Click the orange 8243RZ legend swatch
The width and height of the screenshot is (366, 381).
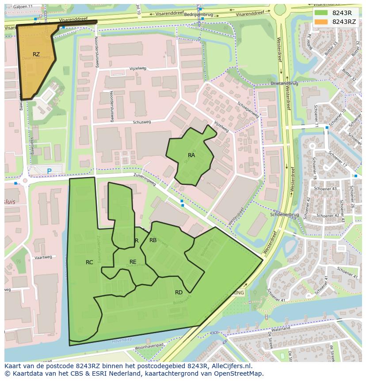321,22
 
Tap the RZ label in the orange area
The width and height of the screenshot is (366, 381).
36,54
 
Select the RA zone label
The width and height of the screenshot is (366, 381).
191,155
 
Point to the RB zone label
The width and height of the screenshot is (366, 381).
153,240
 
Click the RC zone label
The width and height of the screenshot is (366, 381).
89,262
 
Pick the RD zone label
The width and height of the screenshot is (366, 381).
179,292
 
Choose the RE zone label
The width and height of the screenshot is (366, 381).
133,262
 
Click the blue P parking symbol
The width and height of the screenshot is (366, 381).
49,171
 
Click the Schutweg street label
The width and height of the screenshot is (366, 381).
141,123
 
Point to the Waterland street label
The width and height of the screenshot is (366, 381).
281,329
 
